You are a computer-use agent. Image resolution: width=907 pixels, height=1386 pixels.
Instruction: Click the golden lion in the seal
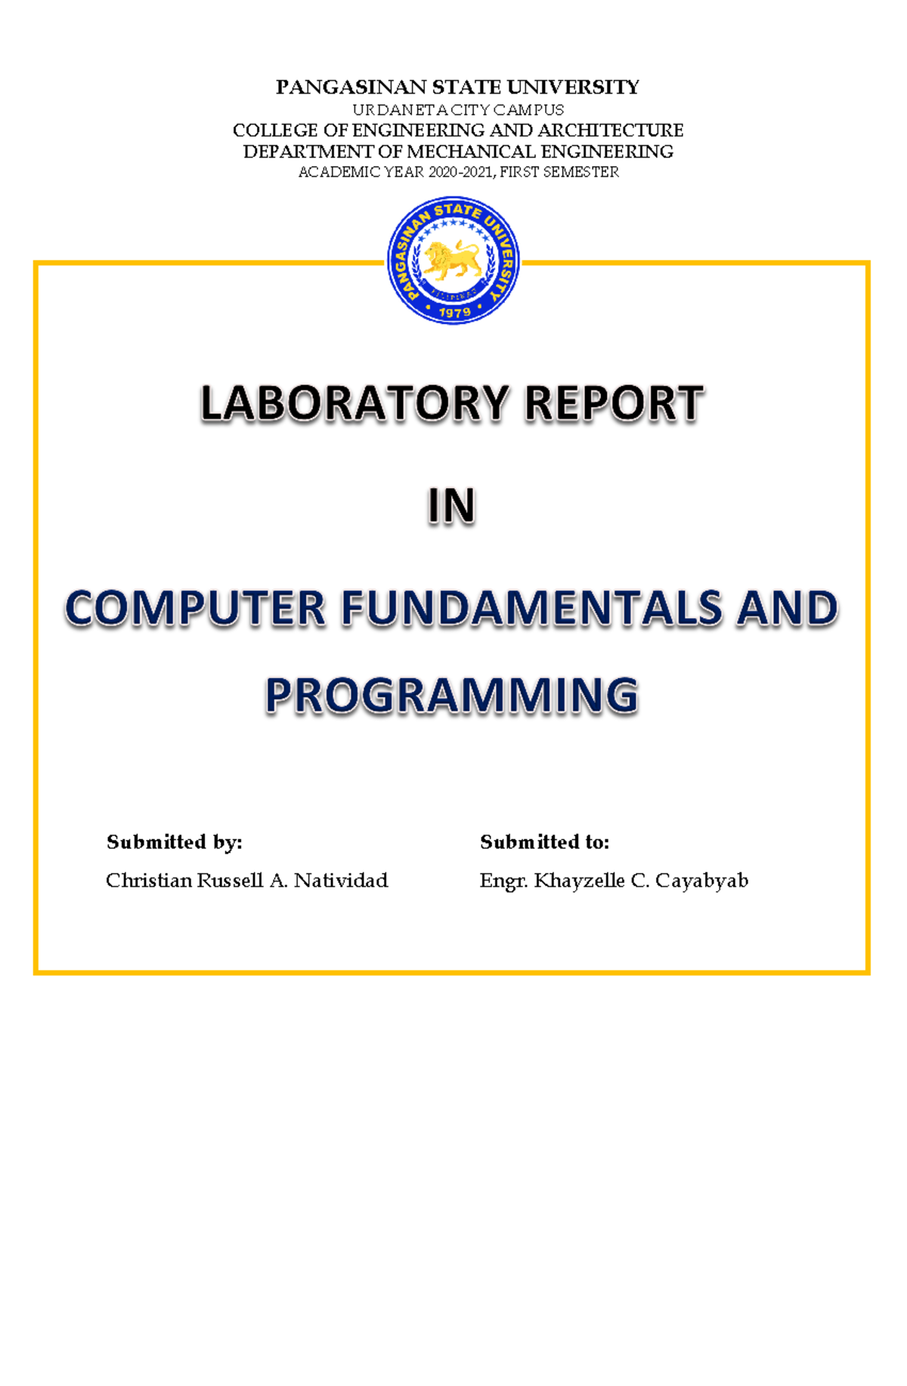pos(452,260)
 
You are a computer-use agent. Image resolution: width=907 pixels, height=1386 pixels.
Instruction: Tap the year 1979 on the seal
pos(454,311)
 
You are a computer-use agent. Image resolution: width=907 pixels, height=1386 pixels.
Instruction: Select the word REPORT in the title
pos(614,403)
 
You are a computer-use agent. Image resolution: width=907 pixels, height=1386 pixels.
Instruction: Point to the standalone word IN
pos(451,506)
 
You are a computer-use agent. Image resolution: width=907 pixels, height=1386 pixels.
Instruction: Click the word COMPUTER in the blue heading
pos(196,609)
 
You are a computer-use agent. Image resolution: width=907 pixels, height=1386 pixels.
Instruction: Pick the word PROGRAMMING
pos(451,696)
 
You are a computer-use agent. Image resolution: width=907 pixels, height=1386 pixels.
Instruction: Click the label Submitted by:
pos(174,842)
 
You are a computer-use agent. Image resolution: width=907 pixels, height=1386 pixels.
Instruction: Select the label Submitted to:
pos(544,842)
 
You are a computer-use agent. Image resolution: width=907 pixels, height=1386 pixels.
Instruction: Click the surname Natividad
pos(341,881)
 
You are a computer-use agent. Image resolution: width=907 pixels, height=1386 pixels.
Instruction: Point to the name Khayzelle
pos(579,881)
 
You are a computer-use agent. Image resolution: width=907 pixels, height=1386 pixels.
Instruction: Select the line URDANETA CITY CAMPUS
pos(458,110)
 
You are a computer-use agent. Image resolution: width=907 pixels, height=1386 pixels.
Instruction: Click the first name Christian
pos(149,881)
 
